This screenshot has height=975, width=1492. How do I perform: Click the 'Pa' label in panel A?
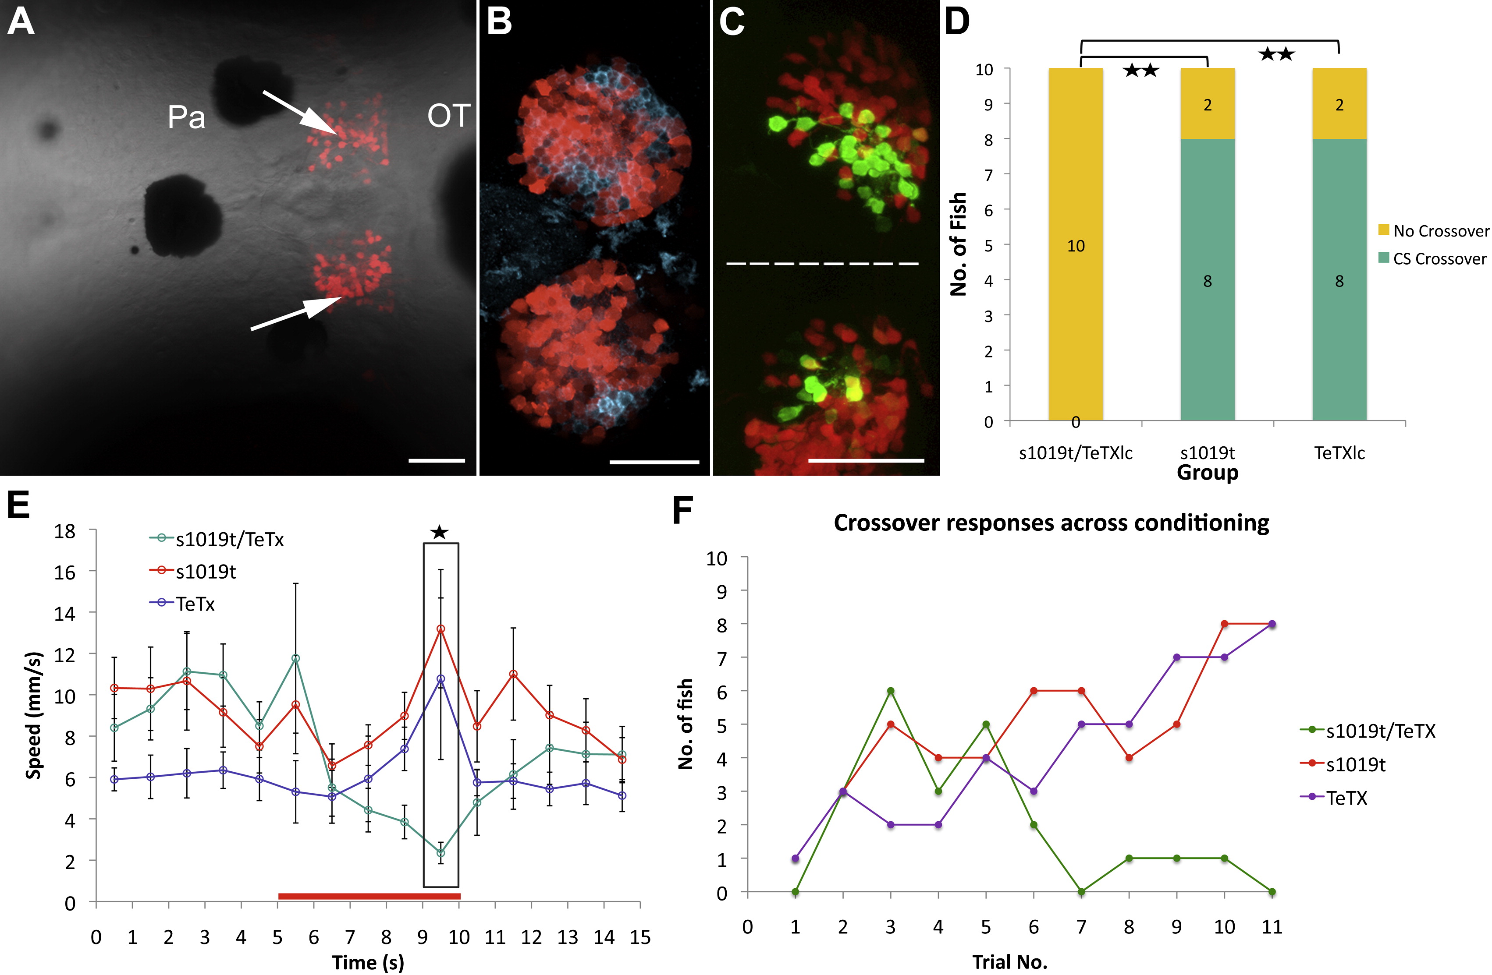(186, 117)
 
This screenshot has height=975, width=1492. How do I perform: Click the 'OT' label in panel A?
(448, 116)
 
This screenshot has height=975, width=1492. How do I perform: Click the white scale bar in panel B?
(654, 463)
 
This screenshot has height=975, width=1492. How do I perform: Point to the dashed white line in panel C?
(822, 264)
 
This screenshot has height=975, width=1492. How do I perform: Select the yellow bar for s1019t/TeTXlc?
(1075, 244)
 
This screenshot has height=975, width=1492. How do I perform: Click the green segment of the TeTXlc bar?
(1339, 279)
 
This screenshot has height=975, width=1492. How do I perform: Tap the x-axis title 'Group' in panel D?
(1208, 473)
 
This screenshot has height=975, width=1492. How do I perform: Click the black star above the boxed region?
(440, 533)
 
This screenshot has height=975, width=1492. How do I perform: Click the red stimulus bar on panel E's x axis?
(369, 896)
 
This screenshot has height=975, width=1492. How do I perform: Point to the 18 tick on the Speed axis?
(64, 531)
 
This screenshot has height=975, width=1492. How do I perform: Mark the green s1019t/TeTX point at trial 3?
(890, 691)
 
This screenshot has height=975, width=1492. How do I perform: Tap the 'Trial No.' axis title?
(1009, 962)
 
